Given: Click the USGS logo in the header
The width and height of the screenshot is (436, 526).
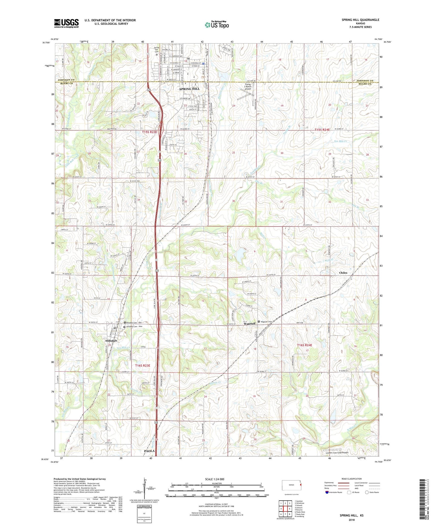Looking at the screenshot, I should click(x=66, y=23).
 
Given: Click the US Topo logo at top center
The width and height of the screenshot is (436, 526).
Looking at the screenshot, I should click(x=217, y=24).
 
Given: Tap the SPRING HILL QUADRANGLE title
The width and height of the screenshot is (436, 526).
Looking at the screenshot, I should click(x=360, y=20).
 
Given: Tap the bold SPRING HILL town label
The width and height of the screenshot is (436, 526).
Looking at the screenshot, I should click(x=189, y=89).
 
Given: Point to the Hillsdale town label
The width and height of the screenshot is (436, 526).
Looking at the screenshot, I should click(x=111, y=341).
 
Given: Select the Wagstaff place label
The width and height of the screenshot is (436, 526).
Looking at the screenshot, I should click(x=250, y=324).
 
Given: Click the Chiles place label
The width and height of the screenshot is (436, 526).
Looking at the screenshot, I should click(x=343, y=273).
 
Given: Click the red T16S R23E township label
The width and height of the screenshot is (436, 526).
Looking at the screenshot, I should click(x=143, y=365).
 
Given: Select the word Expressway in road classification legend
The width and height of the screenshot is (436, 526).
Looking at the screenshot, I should click(x=329, y=482).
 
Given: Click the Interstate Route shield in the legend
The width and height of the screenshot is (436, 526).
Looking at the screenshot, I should click(x=327, y=492).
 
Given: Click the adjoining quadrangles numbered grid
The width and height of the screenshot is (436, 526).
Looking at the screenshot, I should click(x=285, y=509).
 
